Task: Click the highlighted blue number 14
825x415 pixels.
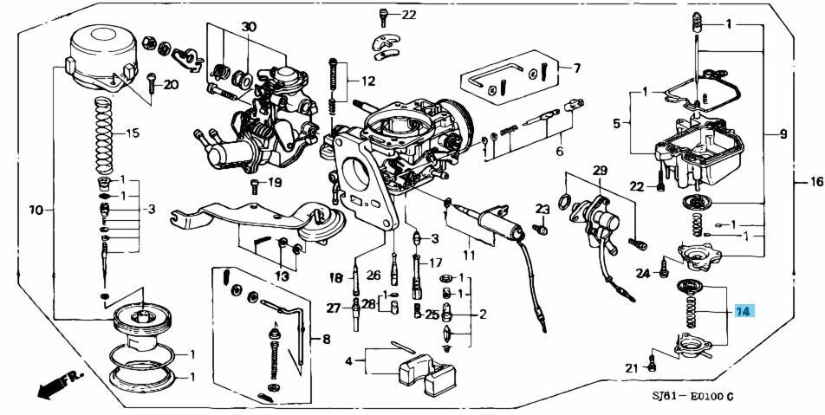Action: (x=744, y=312)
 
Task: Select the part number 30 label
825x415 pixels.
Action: (x=249, y=26)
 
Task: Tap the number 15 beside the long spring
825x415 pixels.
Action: (x=133, y=133)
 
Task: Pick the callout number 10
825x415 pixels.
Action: (x=36, y=211)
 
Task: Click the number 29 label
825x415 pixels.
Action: (x=600, y=171)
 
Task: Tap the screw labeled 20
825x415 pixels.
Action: (x=152, y=84)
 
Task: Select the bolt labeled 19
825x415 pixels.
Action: (x=256, y=185)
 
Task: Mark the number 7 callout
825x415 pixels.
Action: (x=577, y=68)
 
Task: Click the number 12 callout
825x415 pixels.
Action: (x=368, y=81)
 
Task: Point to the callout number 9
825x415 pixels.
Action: (x=783, y=134)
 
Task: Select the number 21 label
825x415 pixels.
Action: (x=633, y=368)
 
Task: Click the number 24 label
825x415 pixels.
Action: (x=643, y=273)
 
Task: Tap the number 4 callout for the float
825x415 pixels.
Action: (x=348, y=361)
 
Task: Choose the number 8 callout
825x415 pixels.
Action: (x=326, y=340)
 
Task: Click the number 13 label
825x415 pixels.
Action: (x=282, y=276)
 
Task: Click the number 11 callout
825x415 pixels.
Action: (x=469, y=256)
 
